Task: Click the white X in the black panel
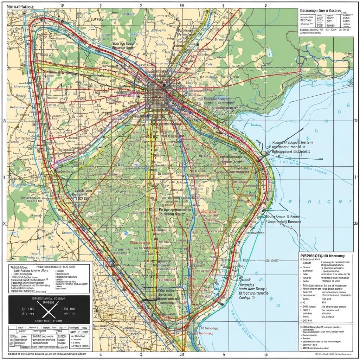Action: pyautogui.click(x=48, y=310)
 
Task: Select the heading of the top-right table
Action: pyautogui.click(x=323, y=11)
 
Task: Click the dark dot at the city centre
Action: pyautogui.click(x=163, y=85)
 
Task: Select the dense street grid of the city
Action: pyautogui.click(x=156, y=95)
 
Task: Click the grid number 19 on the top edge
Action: pyautogui.click(x=62, y=6)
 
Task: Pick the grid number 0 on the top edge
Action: pyautogui.click(x=265, y=6)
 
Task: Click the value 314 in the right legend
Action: pyautogui.click(x=324, y=302)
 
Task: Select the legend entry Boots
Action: pyautogui.click(x=307, y=267)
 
